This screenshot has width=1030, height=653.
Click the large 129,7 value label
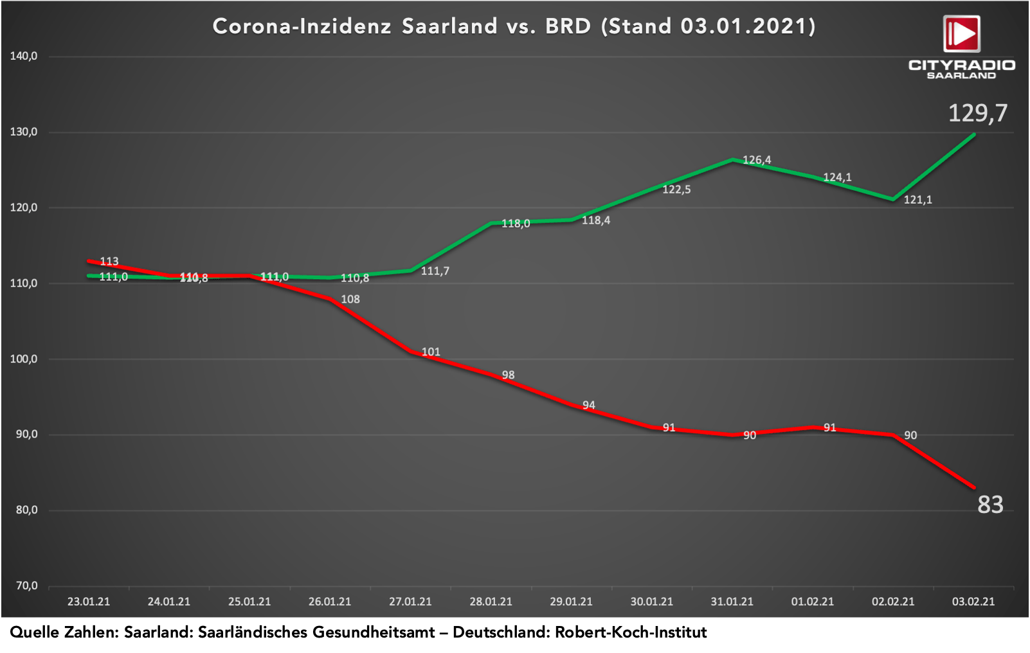[x=978, y=113]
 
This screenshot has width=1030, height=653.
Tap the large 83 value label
[x=990, y=505]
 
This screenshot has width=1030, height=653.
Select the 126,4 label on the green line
[x=757, y=160]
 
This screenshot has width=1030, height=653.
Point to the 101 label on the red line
[x=431, y=352]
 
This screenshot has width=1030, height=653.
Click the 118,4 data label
[x=596, y=220]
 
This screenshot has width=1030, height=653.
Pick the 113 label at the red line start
[x=109, y=261]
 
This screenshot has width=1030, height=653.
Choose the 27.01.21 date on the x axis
[x=410, y=602]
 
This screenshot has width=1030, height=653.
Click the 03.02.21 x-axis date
[x=973, y=602]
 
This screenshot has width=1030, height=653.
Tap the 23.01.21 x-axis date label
[x=89, y=602]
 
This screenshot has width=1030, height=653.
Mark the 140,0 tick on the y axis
[x=24, y=57]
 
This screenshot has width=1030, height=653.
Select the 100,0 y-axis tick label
[x=24, y=359]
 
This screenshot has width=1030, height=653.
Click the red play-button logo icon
[x=961, y=33]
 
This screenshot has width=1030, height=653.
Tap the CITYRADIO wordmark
[x=961, y=65]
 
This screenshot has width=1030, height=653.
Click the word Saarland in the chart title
[x=449, y=26]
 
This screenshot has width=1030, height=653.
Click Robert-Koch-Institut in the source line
[x=631, y=632]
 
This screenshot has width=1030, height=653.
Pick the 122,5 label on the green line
[x=676, y=190]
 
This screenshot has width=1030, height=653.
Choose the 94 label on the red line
[x=589, y=405]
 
